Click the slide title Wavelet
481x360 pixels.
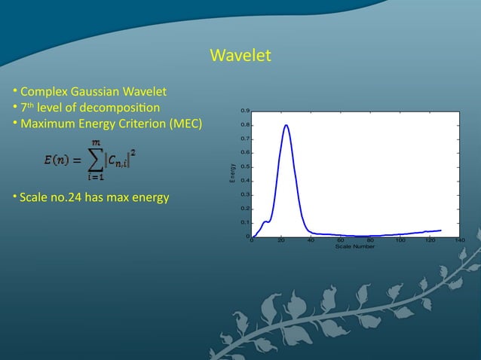tap(240, 56)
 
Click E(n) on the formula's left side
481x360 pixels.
tap(57, 160)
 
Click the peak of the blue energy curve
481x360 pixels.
tap(286, 125)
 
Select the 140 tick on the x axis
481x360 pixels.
tap(460, 241)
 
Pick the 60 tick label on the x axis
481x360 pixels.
tap(341, 241)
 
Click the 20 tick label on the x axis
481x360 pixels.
tap(281, 241)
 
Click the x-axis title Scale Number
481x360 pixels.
tap(355, 247)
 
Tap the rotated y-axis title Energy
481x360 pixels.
tap(233, 174)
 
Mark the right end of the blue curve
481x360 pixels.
tap(440, 230)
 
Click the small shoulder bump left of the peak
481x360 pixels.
tap(265, 221)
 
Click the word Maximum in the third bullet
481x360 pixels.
tap(45, 123)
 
